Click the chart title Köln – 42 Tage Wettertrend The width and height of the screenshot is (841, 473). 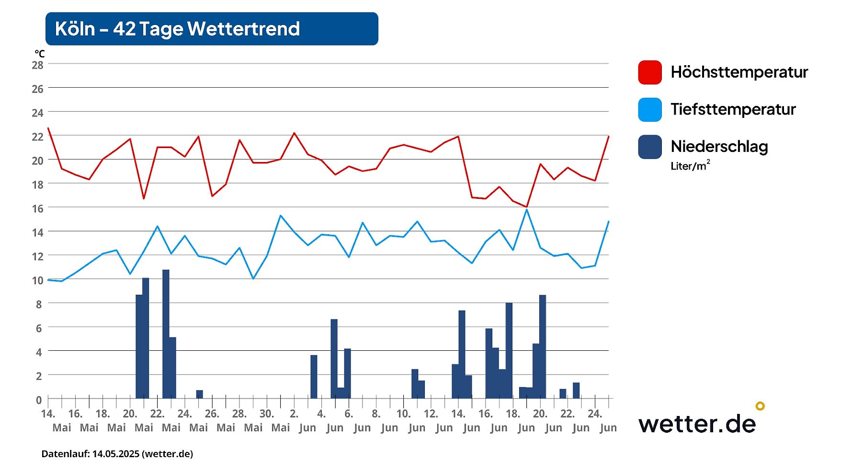[x=177, y=29]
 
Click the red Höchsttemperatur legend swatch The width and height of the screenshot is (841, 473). [x=649, y=72]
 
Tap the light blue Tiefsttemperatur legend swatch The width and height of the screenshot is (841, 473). [x=649, y=110]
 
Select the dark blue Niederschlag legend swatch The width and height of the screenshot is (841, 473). [x=649, y=147]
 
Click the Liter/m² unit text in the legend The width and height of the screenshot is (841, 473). [x=690, y=166]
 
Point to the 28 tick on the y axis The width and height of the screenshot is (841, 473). [x=37, y=65]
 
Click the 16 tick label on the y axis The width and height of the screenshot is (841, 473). [x=37, y=208]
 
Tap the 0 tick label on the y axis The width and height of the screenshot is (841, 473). [x=39, y=400]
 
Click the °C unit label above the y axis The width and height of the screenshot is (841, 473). [x=39, y=54]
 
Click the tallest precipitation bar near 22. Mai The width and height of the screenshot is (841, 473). [x=166, y=334]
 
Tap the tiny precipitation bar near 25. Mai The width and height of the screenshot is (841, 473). [x=199, y=394]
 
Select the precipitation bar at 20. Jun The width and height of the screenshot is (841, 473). [x=543, y=346]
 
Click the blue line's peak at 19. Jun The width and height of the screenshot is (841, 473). [x=527, y=209]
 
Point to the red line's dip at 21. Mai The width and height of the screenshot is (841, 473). [x=144, y=198]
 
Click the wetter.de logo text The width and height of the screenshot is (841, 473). [x=697, y=424]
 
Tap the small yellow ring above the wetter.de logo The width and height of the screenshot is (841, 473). [x=760, y=406]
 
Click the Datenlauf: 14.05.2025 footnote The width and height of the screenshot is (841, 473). [x=117, y=454]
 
